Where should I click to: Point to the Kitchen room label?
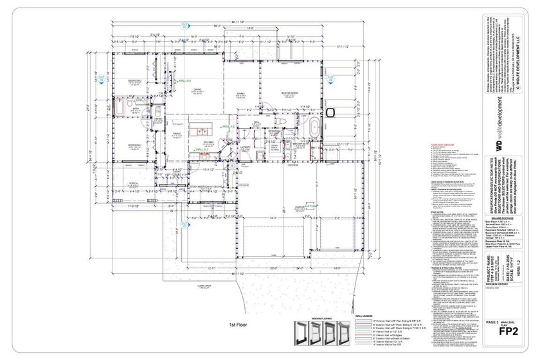[208, 142]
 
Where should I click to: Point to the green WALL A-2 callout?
[227, 127]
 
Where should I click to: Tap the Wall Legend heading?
[364, 316]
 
